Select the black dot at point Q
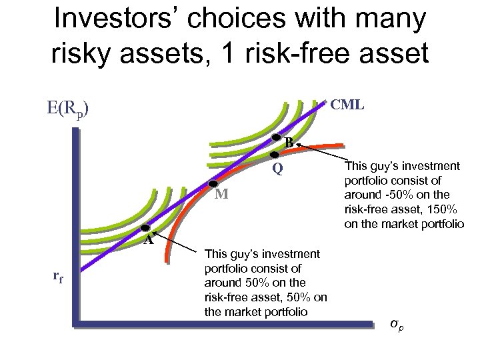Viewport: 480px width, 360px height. pos(274,155)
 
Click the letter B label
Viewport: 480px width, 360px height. pos(288,142)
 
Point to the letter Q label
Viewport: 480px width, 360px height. pos(277,169)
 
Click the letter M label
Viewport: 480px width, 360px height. pos(223,195)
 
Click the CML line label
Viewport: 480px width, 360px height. pos(347,104)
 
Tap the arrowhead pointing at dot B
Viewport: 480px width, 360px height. pos(299,144)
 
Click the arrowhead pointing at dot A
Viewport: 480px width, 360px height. pos(155,233)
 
